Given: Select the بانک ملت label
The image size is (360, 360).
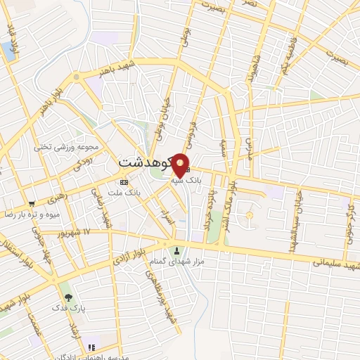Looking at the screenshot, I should [127, 191].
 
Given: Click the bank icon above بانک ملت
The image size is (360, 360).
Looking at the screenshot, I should [124, 182].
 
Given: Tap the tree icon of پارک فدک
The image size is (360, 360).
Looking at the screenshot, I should [67, 289].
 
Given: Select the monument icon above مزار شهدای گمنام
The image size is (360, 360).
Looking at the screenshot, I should [176, 250].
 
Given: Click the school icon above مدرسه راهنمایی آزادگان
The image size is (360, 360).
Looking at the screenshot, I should [91, 347].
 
